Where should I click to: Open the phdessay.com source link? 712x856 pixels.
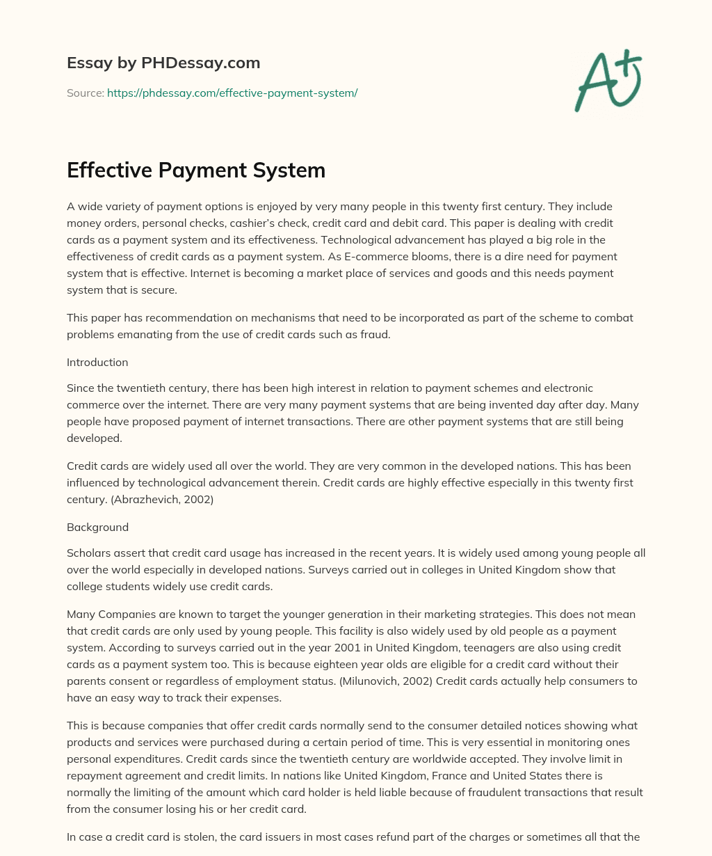click(x=232, y=93)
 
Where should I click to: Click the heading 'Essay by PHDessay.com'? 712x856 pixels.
click(x=163, y=63)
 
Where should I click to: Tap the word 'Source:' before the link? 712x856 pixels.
click(x=85, y=93)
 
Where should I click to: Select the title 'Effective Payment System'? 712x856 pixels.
click(x=196, y=170)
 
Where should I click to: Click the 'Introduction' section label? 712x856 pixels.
click(x=97, y=362)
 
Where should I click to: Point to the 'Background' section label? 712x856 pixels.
click(x=97, y=527)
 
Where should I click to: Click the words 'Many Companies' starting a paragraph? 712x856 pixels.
click(x=105, y=614)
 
